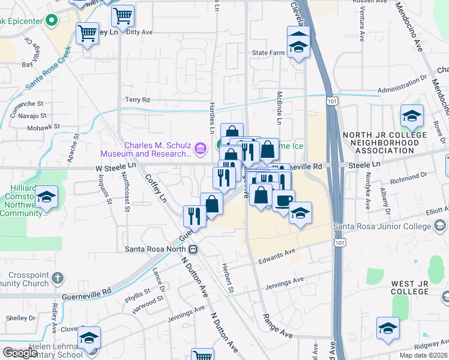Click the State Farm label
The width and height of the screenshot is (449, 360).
click(x=268, y=53)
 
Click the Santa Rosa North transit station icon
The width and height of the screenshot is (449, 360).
click(x=193, y=249)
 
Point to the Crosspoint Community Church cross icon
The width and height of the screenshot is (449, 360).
click(x=57, y=277)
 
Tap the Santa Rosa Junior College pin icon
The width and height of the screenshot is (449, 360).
click(x=440, y=226)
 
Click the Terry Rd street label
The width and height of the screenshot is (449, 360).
click(x=137, y=100)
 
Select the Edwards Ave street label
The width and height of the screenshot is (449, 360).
click(x=277, y=257)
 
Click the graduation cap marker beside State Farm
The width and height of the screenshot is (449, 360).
click(x=298, y=46)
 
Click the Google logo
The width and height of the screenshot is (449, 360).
click(x=20, y=353)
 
